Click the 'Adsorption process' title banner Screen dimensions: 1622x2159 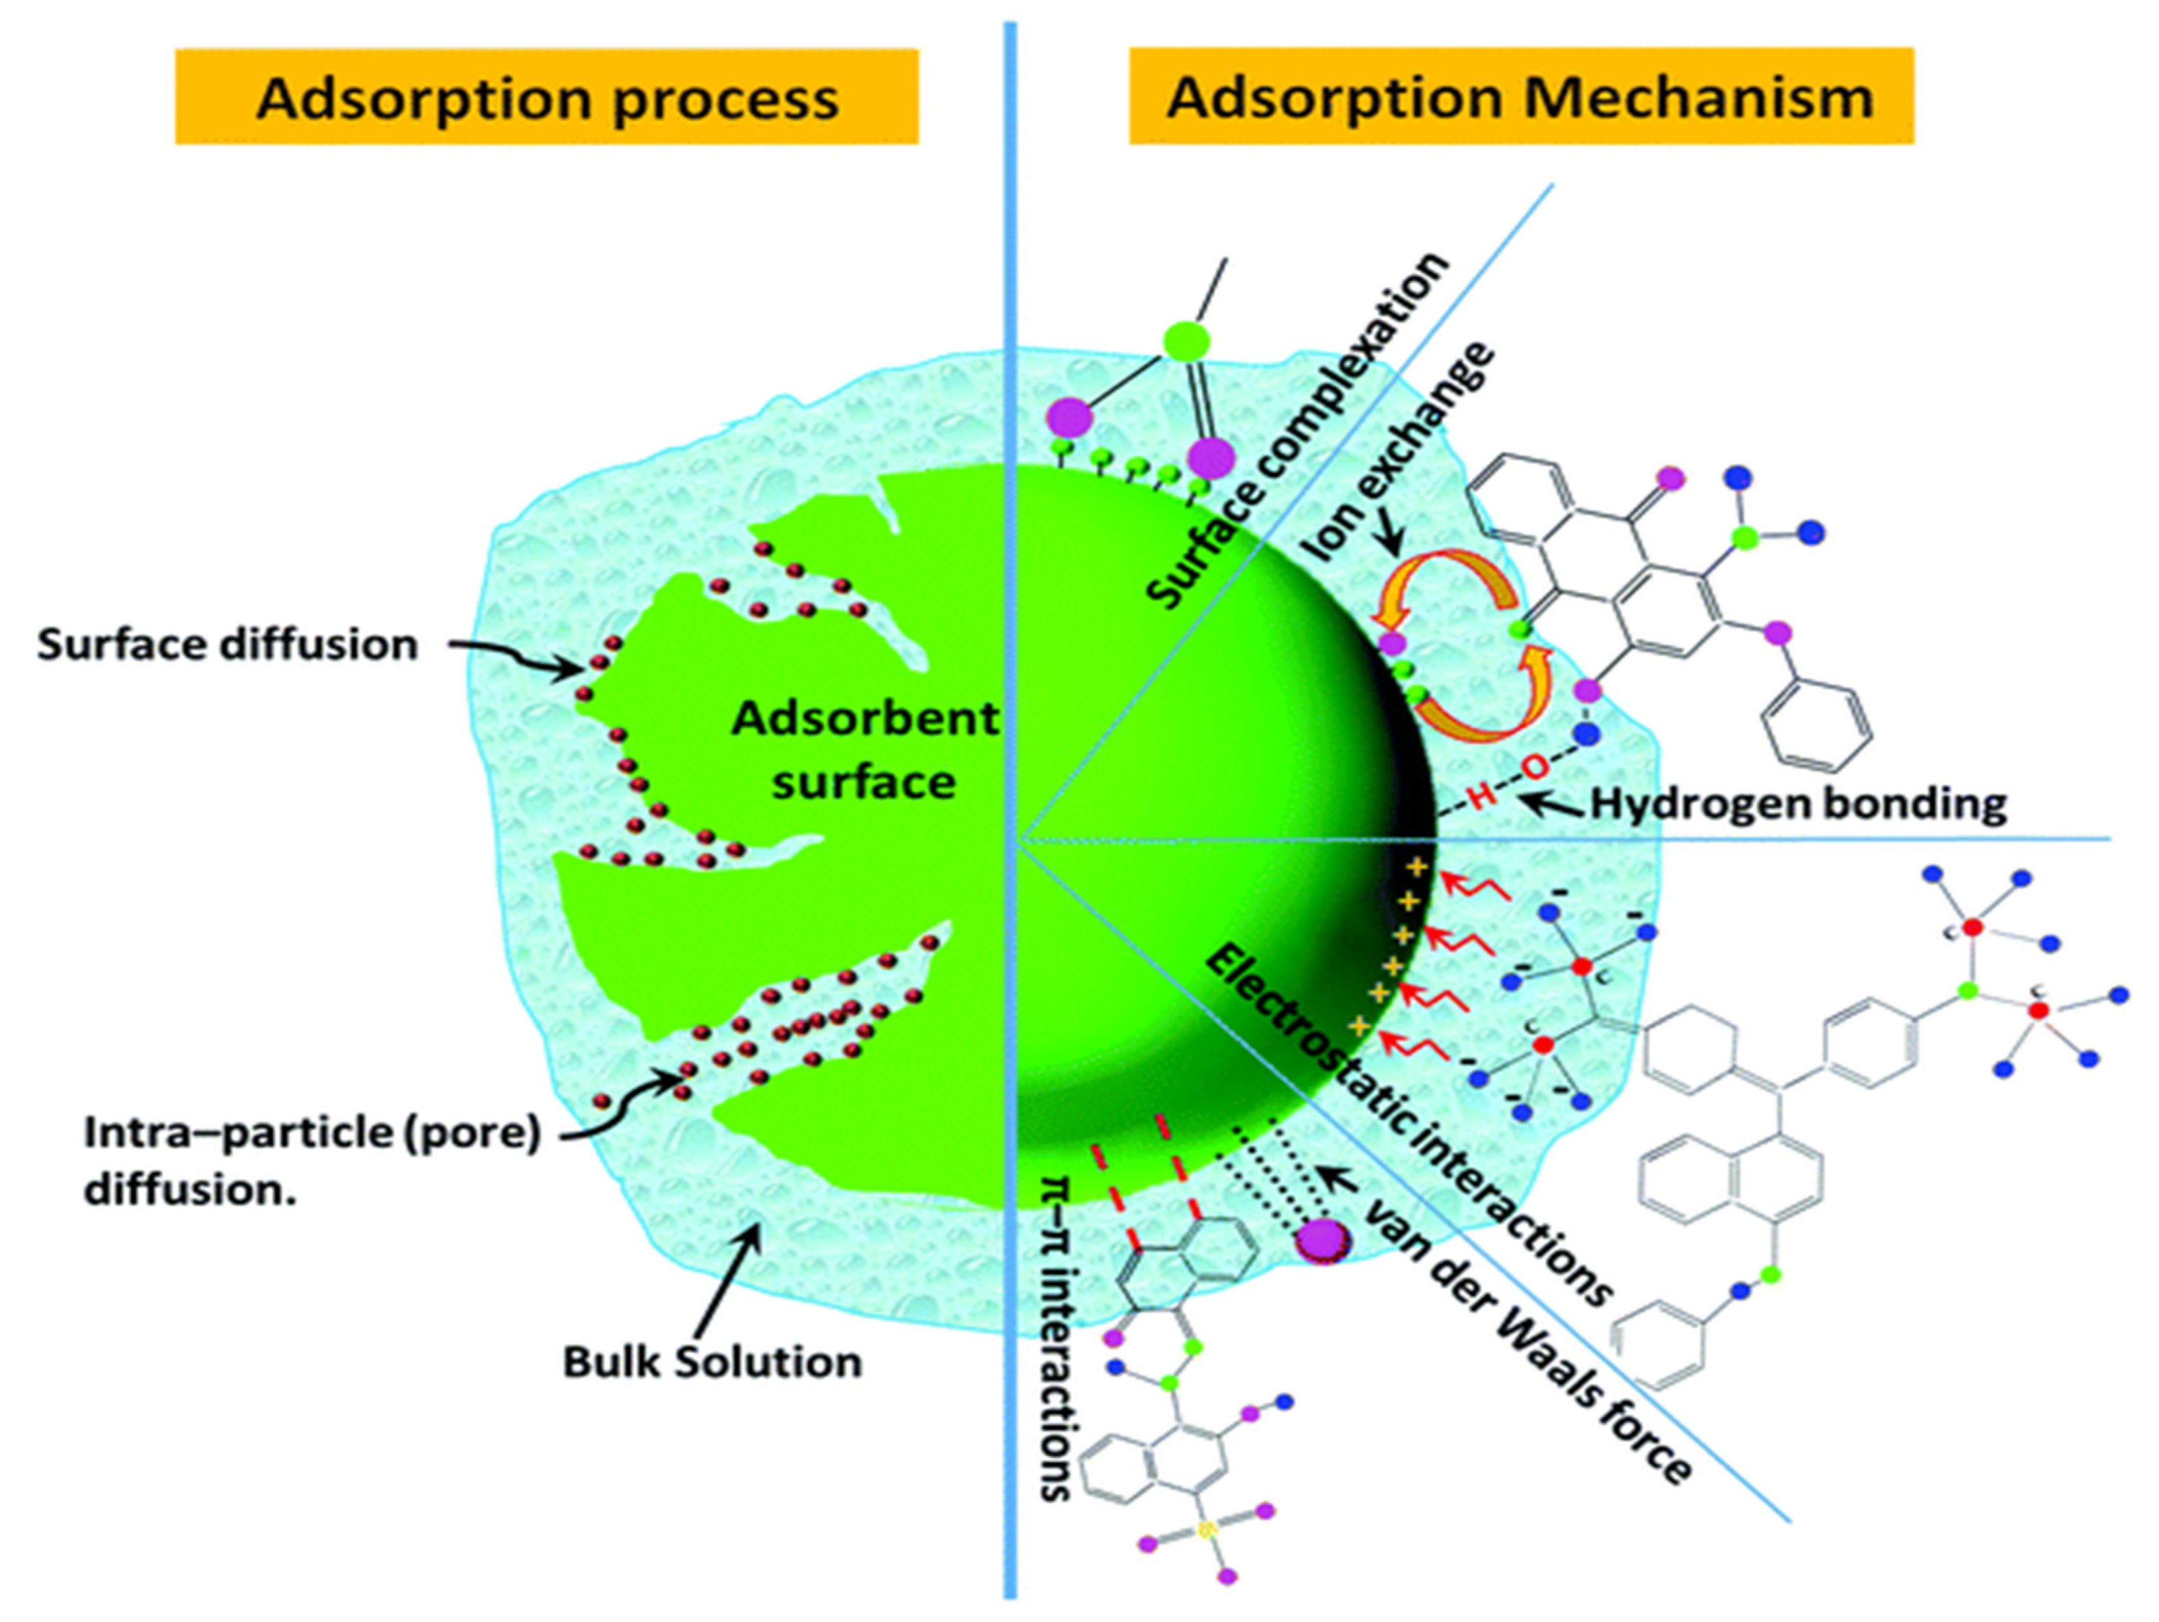546,98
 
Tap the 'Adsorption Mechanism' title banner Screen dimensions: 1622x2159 1520,98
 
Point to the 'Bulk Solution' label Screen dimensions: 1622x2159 712,1362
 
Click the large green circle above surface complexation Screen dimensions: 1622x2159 1187,340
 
